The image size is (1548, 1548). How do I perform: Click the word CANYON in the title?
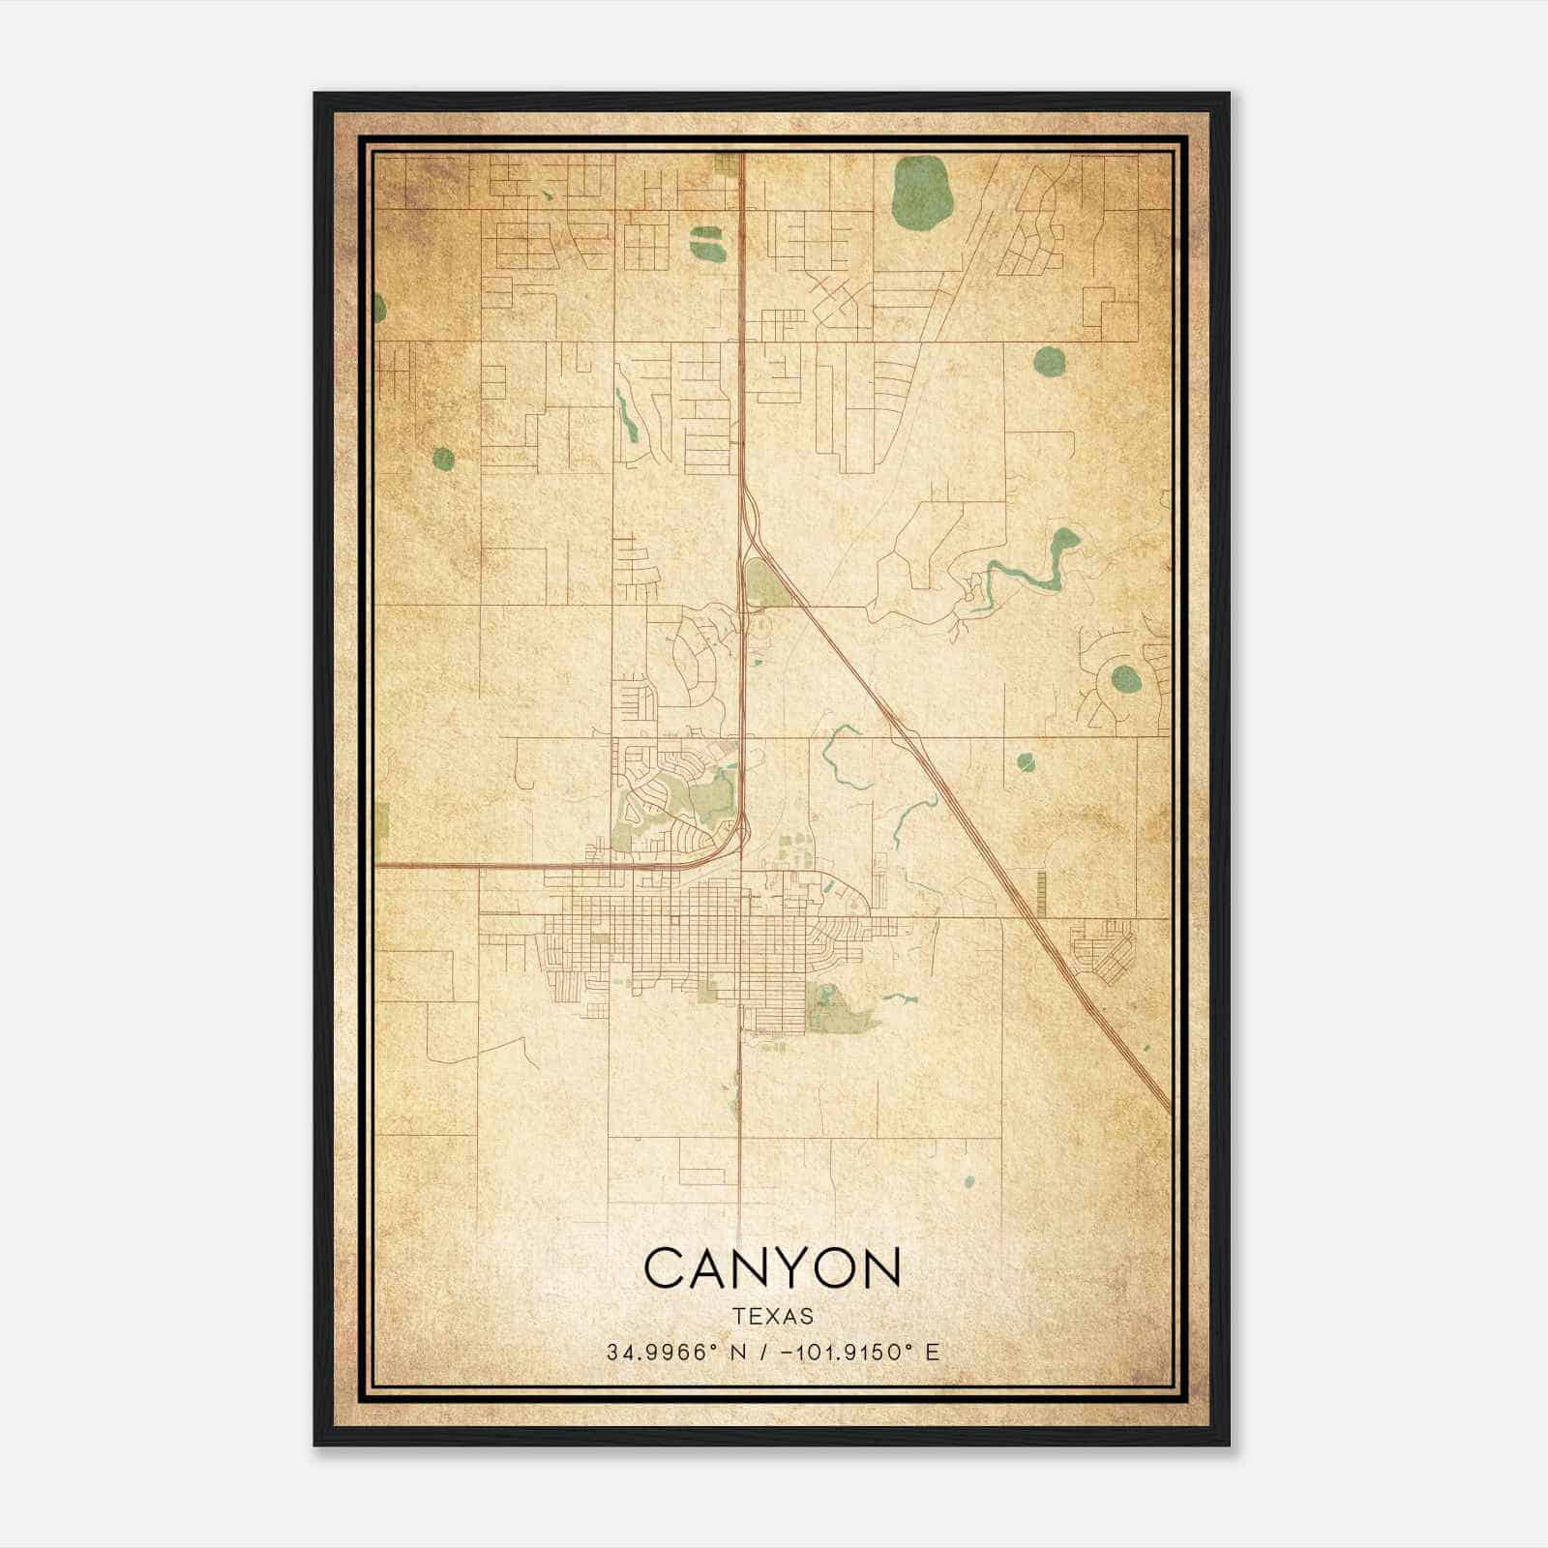pos(772,1268)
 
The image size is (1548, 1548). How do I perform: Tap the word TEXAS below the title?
pos(772,1317)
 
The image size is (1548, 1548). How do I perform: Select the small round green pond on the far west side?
pos(443,459)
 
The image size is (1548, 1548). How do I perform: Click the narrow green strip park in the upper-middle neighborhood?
pos(626,416)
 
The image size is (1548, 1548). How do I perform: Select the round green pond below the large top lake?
pos(1049,362)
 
